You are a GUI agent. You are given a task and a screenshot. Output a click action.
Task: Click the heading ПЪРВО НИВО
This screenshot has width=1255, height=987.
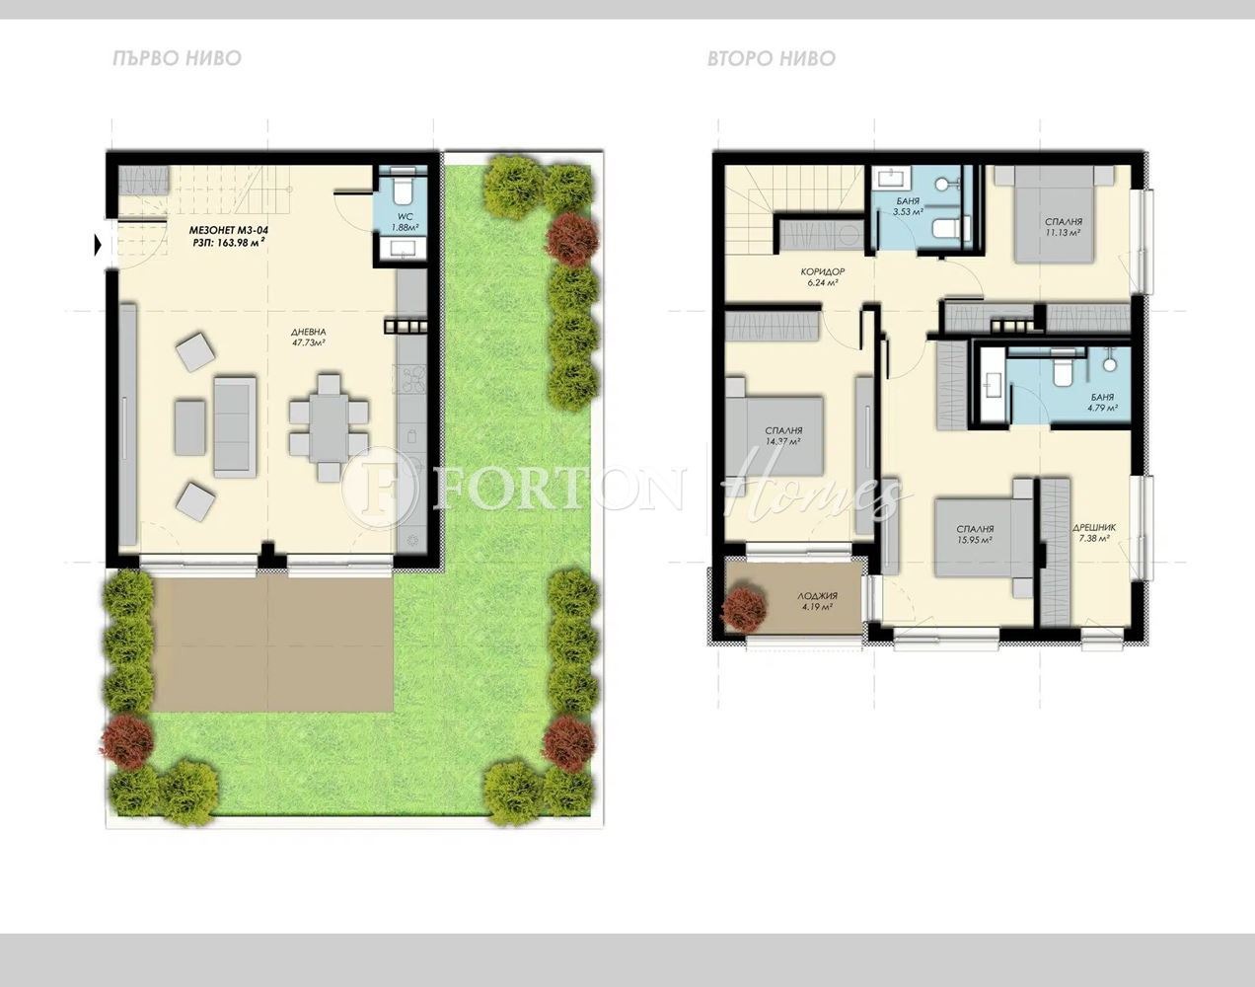coord(177,58)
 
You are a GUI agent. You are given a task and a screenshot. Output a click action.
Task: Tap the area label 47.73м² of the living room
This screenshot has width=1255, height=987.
coord(308,343)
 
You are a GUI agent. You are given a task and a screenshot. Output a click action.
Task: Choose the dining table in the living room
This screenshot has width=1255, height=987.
coord(329,425)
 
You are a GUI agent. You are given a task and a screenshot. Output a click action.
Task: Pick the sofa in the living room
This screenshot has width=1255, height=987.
coord(233,425)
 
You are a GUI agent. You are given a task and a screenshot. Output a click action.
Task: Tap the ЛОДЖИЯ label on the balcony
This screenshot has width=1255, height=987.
coord(817,596)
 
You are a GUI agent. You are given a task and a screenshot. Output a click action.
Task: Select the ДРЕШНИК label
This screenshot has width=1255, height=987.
coord(1091,528)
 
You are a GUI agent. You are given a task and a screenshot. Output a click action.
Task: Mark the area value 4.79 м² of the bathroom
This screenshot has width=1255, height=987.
coord(1102,407)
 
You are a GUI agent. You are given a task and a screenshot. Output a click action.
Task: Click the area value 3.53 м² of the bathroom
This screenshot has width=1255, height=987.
coord(908,211)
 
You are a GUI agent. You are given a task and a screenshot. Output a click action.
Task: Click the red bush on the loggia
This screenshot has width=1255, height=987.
coord(745,608)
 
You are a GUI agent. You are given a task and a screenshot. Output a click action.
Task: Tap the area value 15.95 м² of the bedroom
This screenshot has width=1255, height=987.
coord(974,541)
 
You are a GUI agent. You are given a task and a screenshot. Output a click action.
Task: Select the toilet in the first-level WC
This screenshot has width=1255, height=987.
coord(404,190)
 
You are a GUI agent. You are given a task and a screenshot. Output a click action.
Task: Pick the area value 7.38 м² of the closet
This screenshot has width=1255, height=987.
coord(1091,540)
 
